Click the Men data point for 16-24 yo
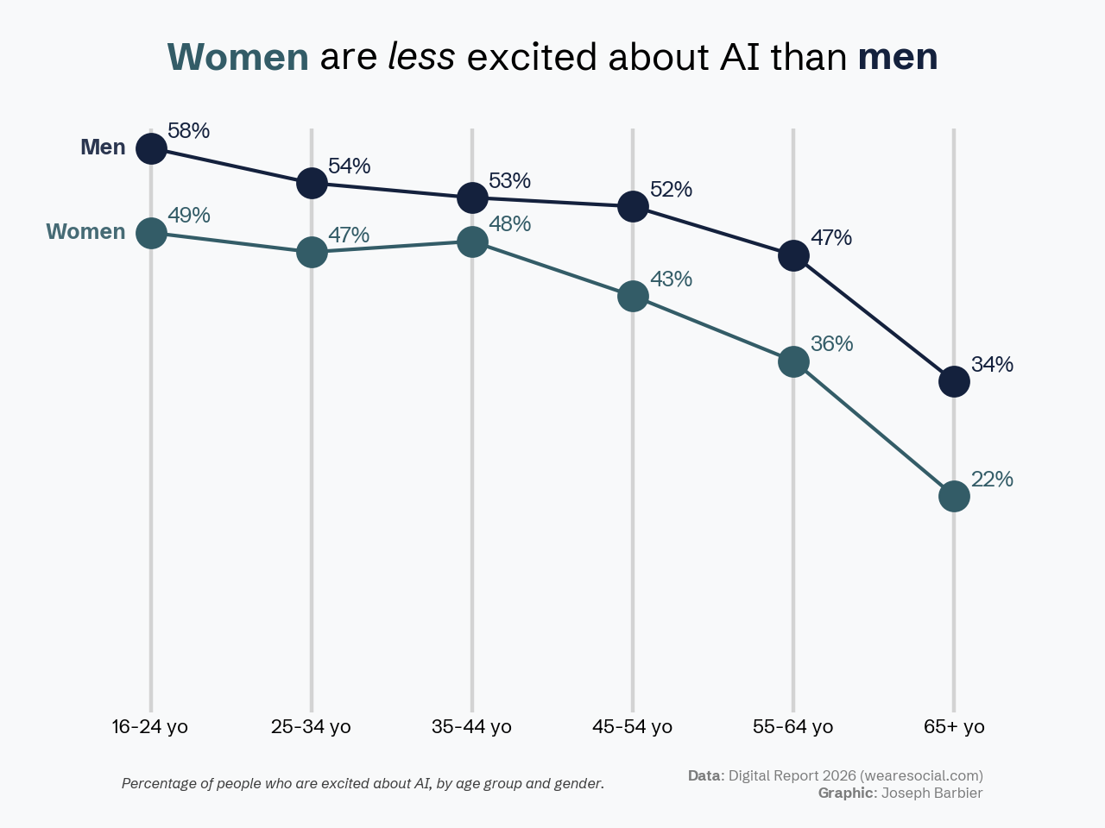[151, 148]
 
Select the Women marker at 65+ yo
[954, 496]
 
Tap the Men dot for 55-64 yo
[793, 255]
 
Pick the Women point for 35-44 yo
[472, 241]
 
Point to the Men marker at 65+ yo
[954, 380]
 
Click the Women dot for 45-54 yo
[633, 296]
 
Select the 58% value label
[188, 131]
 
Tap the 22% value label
[992, 480]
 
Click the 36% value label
[831, 344]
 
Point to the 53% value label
[509, 181]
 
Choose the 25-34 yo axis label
[311, 726]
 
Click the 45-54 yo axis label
[632, 726]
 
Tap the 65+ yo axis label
[954, 726]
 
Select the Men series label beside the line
[103, 147]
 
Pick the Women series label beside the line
[85, 232]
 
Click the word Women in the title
[237, 57]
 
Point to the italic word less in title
[421, 57]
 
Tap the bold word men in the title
[898, 57]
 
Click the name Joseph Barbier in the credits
[931, 793]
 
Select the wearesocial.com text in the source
[921, 775]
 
